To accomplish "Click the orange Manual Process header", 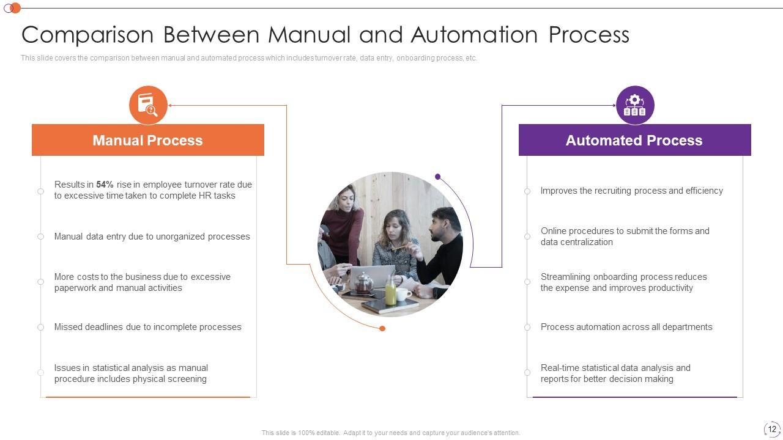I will [x=147, y=140].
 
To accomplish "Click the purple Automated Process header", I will [x=634, y=140].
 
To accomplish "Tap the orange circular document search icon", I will [x=148, y=105].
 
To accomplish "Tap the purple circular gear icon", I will [x=635, y=105].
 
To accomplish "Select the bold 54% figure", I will [x=105, y=185].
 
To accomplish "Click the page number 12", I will [x=772, y=429].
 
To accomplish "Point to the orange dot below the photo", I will [x=382, y=329].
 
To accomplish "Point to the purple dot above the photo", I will [x=437, y=177].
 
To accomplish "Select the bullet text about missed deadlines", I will [x=147, y=327].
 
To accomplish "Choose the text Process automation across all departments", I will [x=626, y=327].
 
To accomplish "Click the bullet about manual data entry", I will [x=152, y=237].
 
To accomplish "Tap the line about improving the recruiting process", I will [x=631, y=191].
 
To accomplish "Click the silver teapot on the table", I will [x=364, y=282].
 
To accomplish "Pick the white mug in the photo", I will [x=403, y=295].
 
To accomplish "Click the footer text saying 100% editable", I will [x=390, y=433].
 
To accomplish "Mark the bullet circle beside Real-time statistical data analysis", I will [x=527, y=372].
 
